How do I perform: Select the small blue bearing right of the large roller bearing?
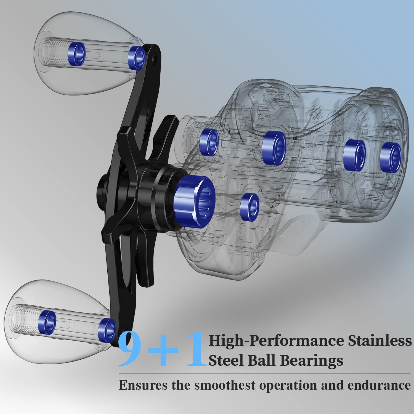249,206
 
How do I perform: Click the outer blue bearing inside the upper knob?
76,54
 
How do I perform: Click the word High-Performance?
276,341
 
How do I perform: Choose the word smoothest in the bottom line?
225,385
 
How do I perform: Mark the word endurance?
379,385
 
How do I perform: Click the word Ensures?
143,385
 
